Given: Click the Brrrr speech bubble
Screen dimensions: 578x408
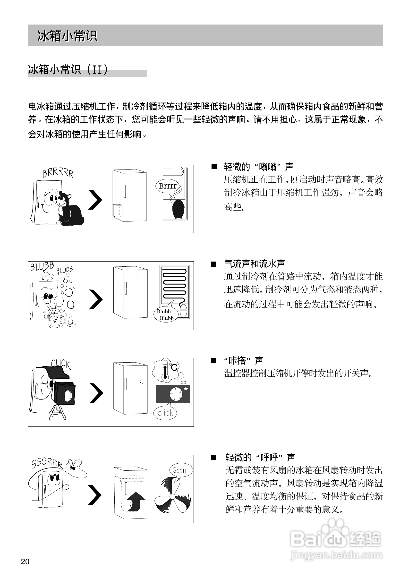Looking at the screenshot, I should click(168, 186).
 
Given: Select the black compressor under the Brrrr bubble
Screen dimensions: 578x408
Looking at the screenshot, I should click(179, 209).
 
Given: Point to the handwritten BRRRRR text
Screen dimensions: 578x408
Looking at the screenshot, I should click(58, 173).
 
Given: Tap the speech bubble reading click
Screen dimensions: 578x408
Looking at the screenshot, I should click(165, 413).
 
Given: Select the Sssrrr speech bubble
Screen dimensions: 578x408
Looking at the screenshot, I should click(181, 470).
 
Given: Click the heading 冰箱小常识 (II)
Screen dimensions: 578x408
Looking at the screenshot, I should click(68, 70).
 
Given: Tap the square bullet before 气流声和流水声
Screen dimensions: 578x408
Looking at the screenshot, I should click(214, 264).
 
